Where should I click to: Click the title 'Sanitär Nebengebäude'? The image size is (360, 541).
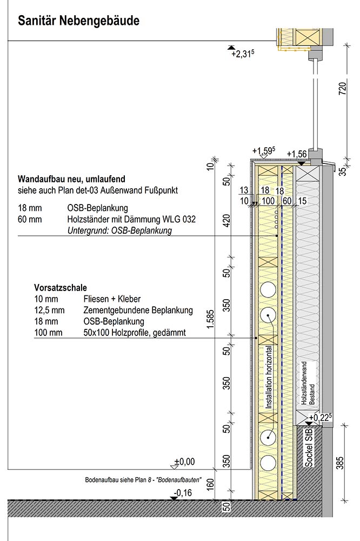(79, 21)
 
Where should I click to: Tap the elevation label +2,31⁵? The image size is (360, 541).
(243, 54)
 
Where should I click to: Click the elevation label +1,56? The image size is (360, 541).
(297, 154)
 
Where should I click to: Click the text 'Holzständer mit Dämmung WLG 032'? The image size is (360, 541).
(131, 220)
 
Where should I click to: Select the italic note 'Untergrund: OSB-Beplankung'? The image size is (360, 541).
(119, 230)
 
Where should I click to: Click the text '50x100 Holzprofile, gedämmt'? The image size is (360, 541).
(135, 333)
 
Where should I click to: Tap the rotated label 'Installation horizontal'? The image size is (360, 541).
(269, 377)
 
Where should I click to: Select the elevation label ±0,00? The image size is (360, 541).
(184, 461)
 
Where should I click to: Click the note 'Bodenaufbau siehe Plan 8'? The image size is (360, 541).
(143, 480)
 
